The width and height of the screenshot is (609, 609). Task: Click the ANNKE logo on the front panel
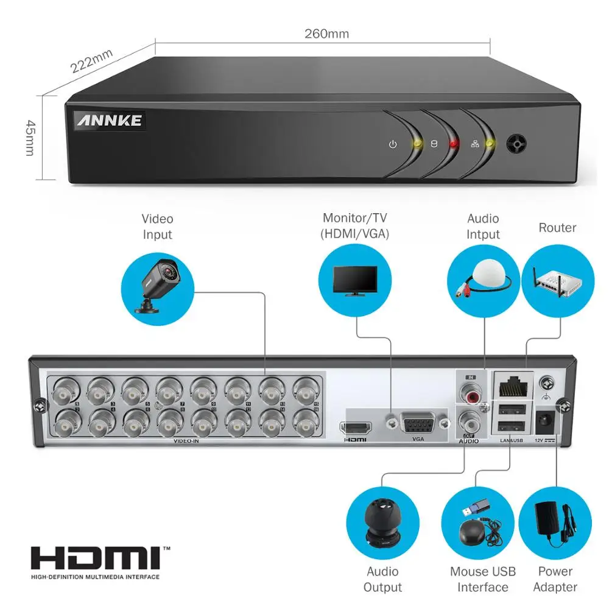coord(109,120)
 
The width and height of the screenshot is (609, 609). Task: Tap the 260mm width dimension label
coord(326,33)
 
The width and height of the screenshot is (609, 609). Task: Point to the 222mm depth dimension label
coord(92,61)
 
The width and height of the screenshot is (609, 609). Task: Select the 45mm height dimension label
coord(29,137)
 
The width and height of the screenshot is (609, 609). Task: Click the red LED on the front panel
coord(453,144)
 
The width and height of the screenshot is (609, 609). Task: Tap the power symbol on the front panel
coord(393,145)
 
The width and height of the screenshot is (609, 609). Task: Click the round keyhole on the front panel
coord(517,144)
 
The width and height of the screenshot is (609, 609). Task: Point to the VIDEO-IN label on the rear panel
coord(186,440)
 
